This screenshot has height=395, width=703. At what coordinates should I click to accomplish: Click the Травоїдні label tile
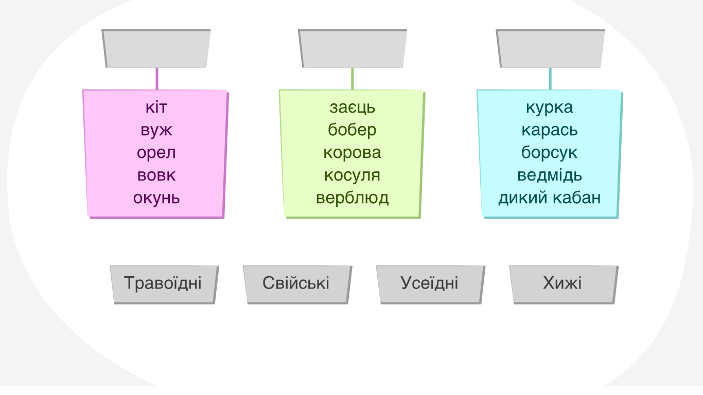164,284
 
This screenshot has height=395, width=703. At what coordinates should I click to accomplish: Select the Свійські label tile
297,284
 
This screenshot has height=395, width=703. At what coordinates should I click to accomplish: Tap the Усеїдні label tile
431,284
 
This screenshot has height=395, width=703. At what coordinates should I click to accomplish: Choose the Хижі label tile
564,284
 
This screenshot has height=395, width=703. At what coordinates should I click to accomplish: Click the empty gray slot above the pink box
156,48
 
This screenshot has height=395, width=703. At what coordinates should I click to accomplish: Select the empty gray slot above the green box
353,48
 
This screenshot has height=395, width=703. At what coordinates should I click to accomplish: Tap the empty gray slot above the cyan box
550,48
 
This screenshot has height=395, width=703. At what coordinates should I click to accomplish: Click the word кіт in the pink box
156,107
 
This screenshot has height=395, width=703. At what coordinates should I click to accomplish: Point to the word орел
156,153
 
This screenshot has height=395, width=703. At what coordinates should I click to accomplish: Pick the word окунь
156,199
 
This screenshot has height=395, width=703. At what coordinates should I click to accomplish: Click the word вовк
156,175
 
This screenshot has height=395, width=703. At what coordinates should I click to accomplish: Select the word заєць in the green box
352,107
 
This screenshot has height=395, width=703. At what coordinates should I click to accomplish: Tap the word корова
352,153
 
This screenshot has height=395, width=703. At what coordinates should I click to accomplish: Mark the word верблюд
352,199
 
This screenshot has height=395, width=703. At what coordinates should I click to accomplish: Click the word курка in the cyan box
550,107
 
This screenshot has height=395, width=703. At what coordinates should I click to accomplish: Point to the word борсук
549,153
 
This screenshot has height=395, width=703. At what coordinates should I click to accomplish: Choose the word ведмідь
550,175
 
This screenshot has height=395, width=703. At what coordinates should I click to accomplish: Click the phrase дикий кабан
550,198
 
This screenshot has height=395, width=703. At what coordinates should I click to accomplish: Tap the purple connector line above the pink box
157,79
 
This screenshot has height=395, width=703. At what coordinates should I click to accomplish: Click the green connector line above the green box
353,79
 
